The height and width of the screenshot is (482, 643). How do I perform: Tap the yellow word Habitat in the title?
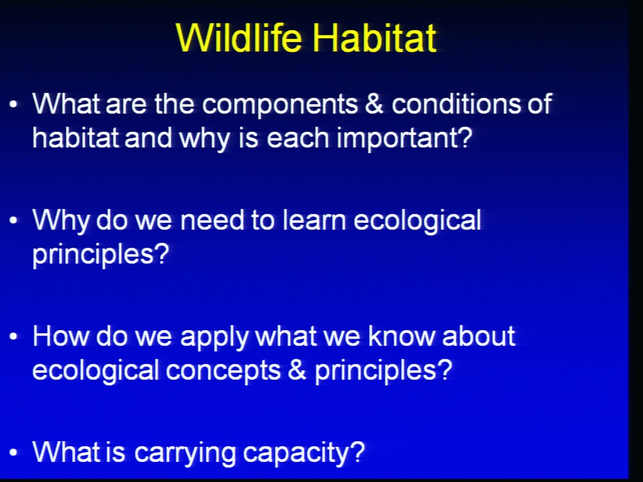point(374,37)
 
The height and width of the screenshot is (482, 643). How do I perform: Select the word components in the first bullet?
point(280,105)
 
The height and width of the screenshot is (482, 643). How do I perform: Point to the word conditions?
point(455,104)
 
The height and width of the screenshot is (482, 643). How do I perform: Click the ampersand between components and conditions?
point(374,104)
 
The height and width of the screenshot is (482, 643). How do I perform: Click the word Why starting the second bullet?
point(61,222)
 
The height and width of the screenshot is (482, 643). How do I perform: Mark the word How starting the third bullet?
point(61,337)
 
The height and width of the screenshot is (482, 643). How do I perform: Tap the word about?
point(478,337)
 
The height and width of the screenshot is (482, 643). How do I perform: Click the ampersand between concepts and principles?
point(297,370)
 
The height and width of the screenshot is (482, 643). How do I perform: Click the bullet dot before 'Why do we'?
point(13,220)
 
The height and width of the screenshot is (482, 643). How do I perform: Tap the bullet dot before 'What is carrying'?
point(13,453)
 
